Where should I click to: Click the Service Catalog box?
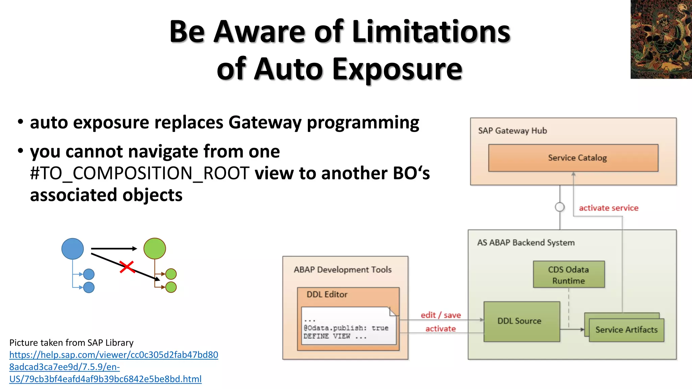[573, 158]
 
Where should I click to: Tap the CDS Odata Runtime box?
[568, 275]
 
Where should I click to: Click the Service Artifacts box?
[626, 330]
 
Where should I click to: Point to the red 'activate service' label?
[608, 208]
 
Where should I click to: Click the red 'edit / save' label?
[440, 315]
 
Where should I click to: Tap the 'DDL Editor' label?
[327, 294]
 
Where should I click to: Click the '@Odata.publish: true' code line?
[346, 328]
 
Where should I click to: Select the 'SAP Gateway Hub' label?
[512, 131]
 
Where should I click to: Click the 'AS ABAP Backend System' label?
[525, 242]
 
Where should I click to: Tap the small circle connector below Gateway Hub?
[560, 207]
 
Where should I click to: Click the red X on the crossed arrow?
[127, 267]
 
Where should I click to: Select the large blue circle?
[73, 249]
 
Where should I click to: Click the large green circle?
[154, 249]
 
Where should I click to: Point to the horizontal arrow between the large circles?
[114, 249]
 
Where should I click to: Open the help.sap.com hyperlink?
[114, 367]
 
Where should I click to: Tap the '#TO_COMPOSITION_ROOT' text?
[140, 173]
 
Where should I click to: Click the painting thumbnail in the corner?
[661, 39]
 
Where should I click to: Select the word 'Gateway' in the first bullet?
[265, 122]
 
